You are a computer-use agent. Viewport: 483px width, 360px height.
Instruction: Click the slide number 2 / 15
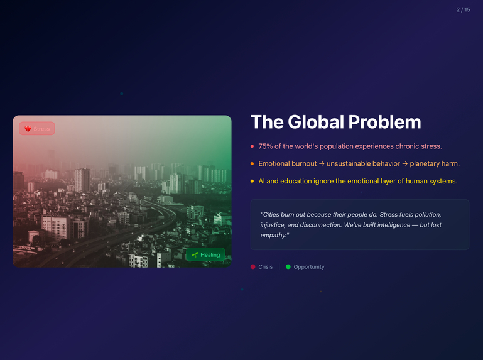[x=463, y=9]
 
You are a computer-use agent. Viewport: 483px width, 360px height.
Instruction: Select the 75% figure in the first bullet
[x=265, y=146]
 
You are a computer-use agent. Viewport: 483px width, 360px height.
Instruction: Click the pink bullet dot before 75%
[x=252, y=146]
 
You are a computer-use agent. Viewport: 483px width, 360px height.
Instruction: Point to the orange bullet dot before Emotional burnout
[x=252, y=164]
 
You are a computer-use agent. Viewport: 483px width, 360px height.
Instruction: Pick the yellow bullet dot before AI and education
[x=252, y=182]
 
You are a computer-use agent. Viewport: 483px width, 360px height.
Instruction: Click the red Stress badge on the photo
[x=37, y=129]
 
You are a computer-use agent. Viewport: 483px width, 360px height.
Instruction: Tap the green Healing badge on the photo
[x=205, y=255]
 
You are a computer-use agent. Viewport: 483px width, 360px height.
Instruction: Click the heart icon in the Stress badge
[x=28, y=129]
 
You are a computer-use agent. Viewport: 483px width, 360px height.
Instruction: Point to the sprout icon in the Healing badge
[x=195, y=255]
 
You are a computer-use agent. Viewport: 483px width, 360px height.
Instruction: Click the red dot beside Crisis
[x=253, y=267]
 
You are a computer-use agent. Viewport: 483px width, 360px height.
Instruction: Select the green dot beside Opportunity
[x=288, y=267]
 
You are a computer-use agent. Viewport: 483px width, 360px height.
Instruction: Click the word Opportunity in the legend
[x=309, y=267]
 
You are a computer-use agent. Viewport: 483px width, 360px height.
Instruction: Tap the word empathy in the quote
[x=274, y=235]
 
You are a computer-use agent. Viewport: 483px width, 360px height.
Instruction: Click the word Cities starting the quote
[x=272, y=215]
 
